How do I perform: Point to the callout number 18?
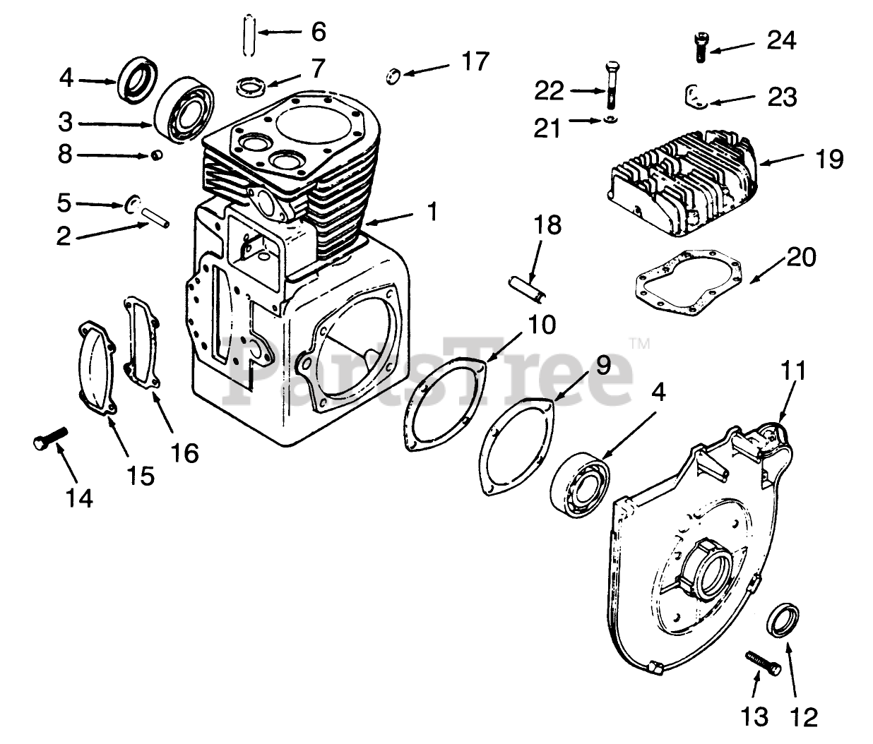pyautogui.click(x=548, y=226)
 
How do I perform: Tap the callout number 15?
pyautogui.click(x=141, y=476)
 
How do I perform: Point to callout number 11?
pyautogui.click(x=793, y=370)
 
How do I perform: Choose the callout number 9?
pyautogui.click(x=602, y=366)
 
